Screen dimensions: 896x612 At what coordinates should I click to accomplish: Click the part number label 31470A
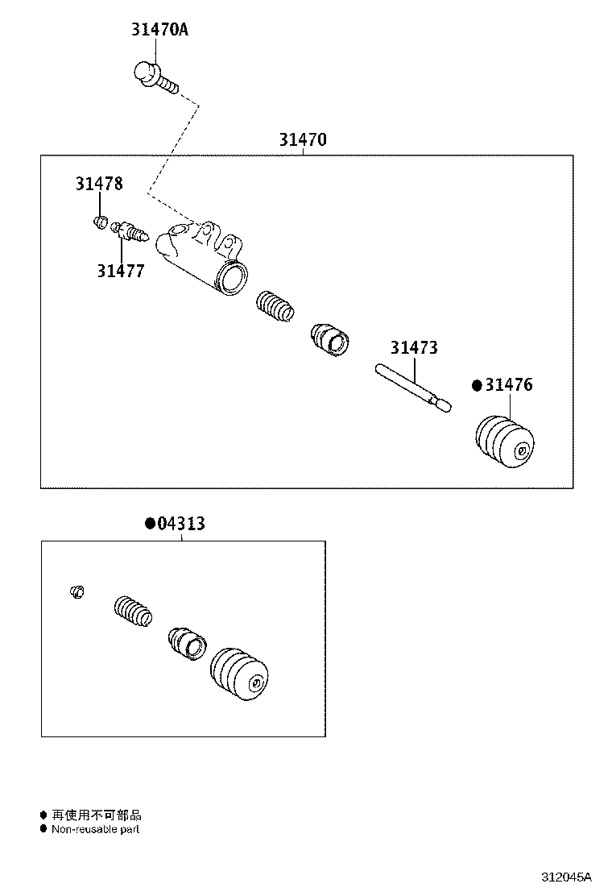(x=159, y=31)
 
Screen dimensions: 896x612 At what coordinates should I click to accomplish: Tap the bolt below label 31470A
(x=155, y=77)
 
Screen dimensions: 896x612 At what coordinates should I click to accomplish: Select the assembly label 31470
(x=303, y=140)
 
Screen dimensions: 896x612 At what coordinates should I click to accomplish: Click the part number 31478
(x=99, y=184)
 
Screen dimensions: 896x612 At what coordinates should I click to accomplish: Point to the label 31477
(x=121, y=271)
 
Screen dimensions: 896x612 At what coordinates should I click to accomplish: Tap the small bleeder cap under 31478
(x=101, y=220)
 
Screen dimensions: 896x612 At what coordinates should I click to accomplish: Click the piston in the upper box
(x=329, y=338)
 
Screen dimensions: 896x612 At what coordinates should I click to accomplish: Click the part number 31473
(x=414, y=348)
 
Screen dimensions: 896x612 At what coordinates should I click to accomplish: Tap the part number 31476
(x=508, y=385)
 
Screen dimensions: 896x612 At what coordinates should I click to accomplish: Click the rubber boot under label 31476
(x=502, y=441)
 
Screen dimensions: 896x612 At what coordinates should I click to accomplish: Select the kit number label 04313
(x=180, y=524)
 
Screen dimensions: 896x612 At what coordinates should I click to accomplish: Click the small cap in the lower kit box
(x=77, y=593)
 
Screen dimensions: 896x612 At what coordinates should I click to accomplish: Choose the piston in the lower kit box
(x=186, y=642)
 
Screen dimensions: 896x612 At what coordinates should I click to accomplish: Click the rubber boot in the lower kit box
(x=238, y=676)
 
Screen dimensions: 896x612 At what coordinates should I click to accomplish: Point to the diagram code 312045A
(x=565, y=877)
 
